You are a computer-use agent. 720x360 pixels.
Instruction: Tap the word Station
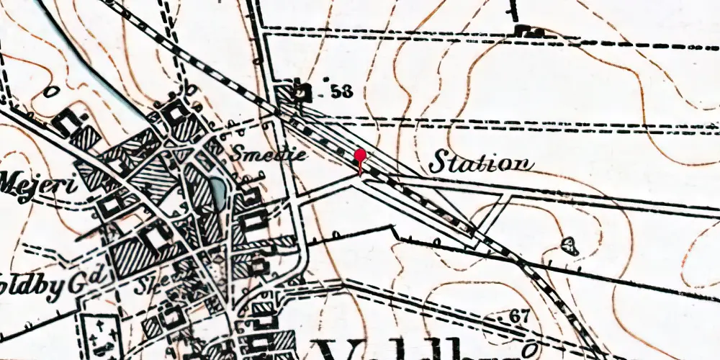coord(481,163)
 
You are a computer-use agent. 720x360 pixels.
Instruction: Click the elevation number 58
coord(343,91)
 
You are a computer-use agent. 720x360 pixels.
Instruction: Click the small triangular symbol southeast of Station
coord(570,246)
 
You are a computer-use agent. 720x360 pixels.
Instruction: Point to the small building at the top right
coord(531,31)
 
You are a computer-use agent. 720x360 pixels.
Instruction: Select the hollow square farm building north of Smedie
coord(174,113)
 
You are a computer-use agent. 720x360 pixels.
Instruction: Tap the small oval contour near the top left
coord(50,92)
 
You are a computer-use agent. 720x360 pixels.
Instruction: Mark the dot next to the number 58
coord(326,78)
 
